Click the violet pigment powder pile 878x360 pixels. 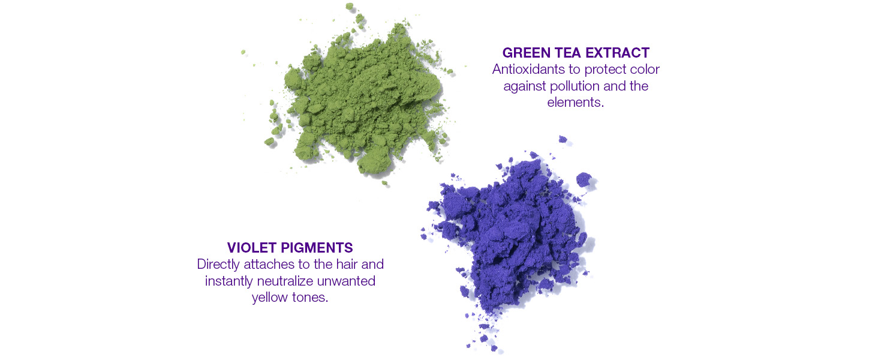coord(510,240)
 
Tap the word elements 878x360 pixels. coord(575,103)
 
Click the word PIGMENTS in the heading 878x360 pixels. coord(318,248)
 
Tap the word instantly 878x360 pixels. coord(227,281)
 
